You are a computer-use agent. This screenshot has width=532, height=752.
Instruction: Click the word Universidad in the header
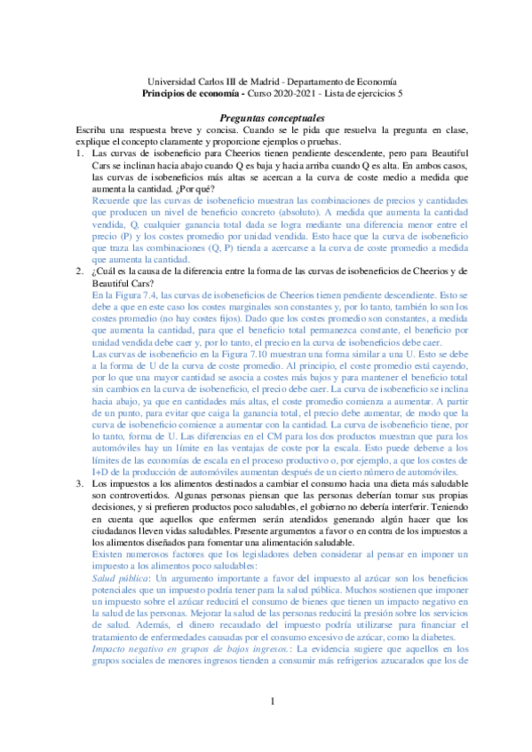(x=172, y=79)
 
